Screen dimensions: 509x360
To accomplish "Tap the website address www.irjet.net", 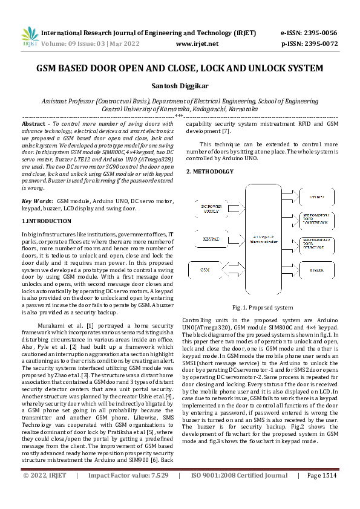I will [x=197, y=44].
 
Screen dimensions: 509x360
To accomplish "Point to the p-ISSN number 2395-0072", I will [x=323, y=44].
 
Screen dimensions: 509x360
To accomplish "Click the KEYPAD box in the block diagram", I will [x=211, y=239].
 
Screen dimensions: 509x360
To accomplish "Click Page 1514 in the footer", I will [x=321, y=493].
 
